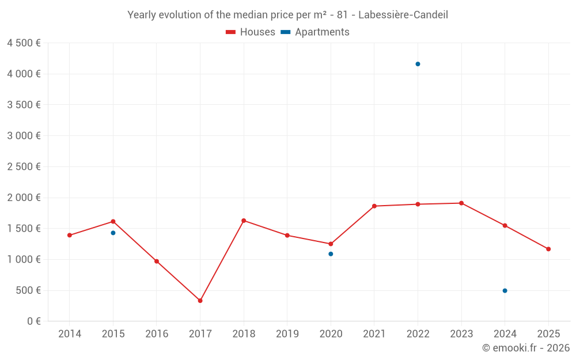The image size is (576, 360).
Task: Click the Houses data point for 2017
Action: (x=200, y=301)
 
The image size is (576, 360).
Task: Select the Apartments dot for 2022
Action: (x=418, y=64)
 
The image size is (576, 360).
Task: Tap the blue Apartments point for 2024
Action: (x=505, y=290)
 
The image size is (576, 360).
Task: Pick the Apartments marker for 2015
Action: (x=113, y=233)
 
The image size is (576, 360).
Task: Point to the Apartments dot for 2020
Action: (x=331, y=254)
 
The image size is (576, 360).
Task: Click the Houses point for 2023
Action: (x=461, y=203)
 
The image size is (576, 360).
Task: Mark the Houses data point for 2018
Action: (x=244, y=221)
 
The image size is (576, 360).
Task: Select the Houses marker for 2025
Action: (x=548, y=249)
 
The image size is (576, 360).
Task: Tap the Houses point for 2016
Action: (x=157, y=261)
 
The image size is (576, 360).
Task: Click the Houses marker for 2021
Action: (x=374, y=206)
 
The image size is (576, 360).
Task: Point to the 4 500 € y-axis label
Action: (x=24, y=43)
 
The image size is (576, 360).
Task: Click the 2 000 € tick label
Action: (x=24, y=198)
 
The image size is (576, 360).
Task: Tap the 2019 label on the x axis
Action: (x=287, y=334)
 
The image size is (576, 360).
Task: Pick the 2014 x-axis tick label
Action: (x=70, y=334)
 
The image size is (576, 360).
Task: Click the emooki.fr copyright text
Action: (x=526, y=348)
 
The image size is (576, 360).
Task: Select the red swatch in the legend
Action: (x=230, y=32)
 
